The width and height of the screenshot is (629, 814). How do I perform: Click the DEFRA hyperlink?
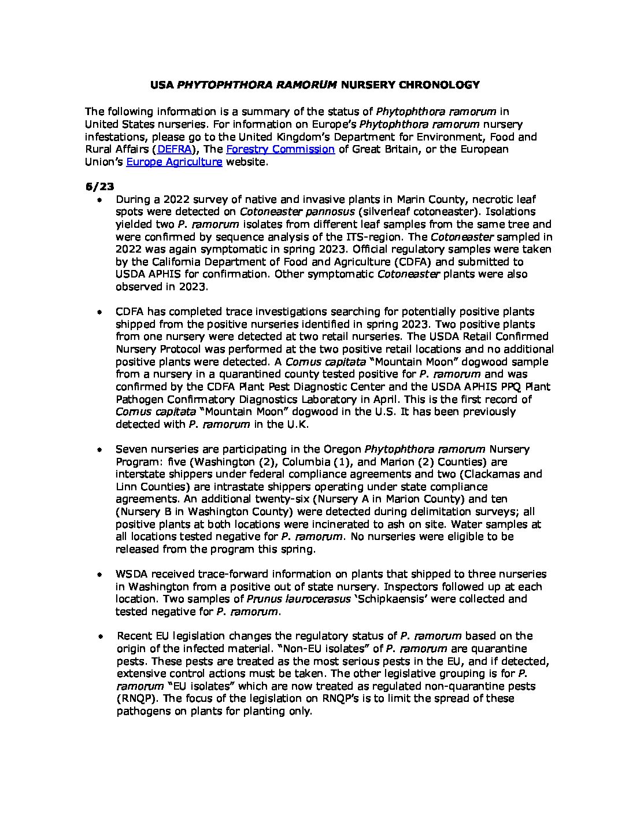coord(174,150)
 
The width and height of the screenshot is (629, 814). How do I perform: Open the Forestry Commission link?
coord(280,150)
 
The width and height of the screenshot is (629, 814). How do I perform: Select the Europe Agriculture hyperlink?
coord(174,162)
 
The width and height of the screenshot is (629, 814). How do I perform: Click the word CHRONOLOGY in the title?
coord(439,85)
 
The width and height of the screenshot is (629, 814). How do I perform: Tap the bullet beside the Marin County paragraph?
coord(100,199)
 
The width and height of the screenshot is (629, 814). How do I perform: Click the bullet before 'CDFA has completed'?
coord(100,312)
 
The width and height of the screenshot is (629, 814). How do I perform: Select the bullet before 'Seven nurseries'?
coord(100,449)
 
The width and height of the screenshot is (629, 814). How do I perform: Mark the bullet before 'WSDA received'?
coord(100,575)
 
